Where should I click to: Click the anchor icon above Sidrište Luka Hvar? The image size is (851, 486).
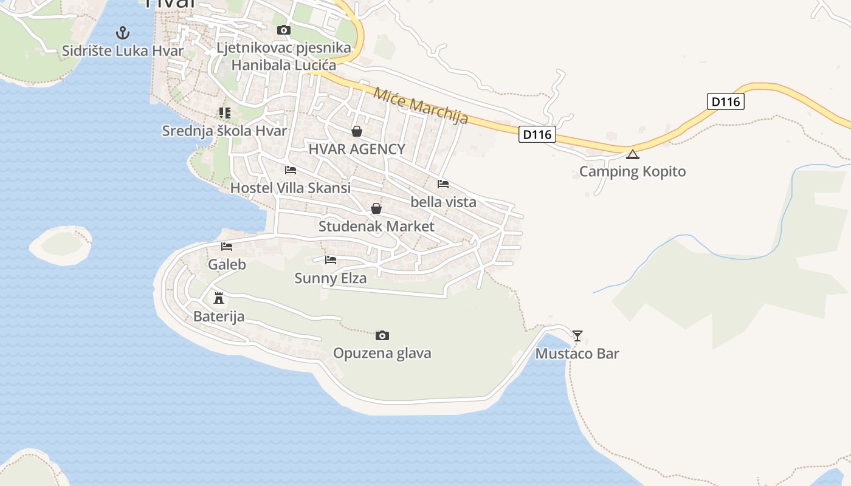123,32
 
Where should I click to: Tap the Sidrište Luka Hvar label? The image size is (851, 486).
123,50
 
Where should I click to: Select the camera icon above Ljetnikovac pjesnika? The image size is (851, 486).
283,30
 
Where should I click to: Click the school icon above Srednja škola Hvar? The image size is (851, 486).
225,113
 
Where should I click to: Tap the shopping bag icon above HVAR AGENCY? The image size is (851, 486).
357,131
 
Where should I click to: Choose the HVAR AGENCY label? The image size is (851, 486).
357,149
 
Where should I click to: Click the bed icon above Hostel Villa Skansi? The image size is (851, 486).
291,170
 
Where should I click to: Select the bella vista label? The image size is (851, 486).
444,202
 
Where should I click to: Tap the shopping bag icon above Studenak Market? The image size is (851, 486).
376,209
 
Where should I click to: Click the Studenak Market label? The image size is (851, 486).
376,227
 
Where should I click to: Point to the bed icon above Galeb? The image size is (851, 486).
227,247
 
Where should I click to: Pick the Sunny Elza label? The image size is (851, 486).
331,278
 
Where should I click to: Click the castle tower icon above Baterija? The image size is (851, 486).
219,298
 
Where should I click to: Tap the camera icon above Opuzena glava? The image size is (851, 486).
382,335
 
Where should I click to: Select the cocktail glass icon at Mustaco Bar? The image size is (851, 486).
577,335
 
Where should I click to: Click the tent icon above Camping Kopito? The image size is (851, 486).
633,154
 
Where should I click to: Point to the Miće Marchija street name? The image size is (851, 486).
421,106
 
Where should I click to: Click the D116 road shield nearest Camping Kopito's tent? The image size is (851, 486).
537,134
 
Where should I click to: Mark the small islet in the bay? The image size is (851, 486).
61,245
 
